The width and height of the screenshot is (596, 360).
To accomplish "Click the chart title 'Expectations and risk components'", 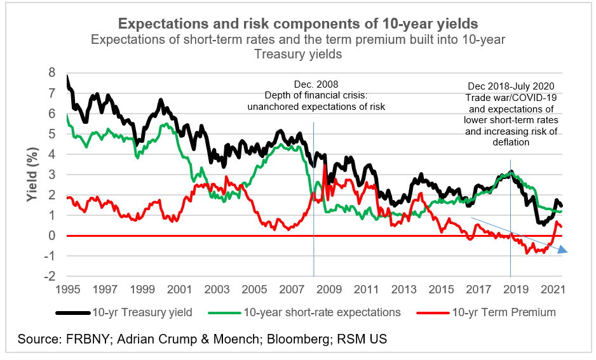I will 298,24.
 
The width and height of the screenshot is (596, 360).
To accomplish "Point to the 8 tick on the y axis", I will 52,72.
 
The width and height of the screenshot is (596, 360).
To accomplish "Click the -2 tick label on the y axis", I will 50,276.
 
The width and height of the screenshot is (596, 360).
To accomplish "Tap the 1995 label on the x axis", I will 67,289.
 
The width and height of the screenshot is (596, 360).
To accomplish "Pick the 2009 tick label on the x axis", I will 327,289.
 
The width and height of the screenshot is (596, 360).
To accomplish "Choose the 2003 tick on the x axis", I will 216,289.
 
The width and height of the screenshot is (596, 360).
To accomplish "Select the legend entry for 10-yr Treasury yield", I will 142,312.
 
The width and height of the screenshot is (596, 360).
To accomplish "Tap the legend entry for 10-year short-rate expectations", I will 322,312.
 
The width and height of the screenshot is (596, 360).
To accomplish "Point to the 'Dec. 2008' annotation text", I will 316,84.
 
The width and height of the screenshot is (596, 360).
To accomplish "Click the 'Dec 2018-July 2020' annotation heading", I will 510,86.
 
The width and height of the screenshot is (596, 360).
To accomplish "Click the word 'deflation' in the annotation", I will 510,143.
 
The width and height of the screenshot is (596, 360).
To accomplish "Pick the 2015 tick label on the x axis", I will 438,289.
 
